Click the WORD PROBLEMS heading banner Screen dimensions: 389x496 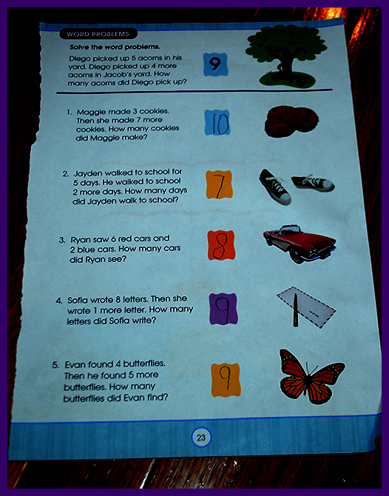click(x=98, y=34)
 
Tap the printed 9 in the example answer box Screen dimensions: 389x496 click(x=214, y=64)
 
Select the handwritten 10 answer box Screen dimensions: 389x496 click(x=217, y=122)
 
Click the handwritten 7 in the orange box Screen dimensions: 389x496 click(x=220, y=185)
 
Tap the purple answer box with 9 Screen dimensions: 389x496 click(x=223, y=309)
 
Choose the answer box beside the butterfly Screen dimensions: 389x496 click(x=226, y=380)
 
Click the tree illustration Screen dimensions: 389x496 click(x=286, y=56)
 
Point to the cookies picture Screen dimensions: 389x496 click(x=291, y=122)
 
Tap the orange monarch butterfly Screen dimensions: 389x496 click(x=311, y=376)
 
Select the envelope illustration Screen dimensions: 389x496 click(x=306, y=307)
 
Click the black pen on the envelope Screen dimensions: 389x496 click(x=296, y=310)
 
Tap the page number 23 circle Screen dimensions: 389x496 click(x=201, y=438)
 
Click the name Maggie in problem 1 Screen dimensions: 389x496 click(x=92, y=112)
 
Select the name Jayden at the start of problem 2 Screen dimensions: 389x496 click(x=88, y=174)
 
